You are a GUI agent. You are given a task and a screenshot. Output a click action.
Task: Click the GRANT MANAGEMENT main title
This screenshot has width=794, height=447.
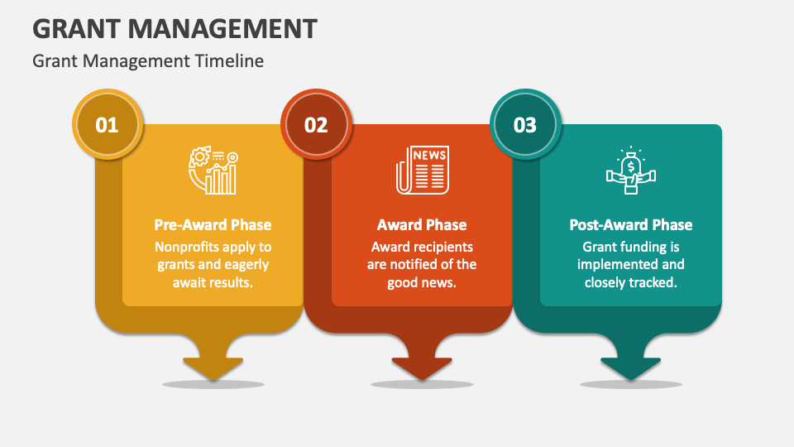click(175, 29)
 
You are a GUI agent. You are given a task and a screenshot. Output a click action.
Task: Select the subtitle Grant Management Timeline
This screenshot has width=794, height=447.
click(148, 60)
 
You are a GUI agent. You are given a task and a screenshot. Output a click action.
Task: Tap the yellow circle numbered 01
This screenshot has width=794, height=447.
click(108, 125)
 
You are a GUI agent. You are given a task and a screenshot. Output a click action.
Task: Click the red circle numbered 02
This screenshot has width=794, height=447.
click(316, 125)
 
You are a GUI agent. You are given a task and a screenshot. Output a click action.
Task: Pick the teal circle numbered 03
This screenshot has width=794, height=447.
click(525, 125)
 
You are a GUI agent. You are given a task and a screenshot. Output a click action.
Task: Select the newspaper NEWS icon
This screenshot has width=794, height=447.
click(422, 170)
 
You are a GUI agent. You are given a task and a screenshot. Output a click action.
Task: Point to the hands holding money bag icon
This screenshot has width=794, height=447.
click(630, 171)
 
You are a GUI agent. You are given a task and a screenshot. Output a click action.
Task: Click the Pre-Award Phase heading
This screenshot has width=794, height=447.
click(213, 224)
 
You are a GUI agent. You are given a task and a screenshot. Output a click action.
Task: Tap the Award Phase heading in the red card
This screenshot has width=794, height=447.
click(422, 224)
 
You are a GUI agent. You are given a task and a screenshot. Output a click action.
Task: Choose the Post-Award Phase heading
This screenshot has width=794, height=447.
click(630, 224)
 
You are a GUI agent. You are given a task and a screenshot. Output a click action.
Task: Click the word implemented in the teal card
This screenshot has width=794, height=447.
click(630, 265)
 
